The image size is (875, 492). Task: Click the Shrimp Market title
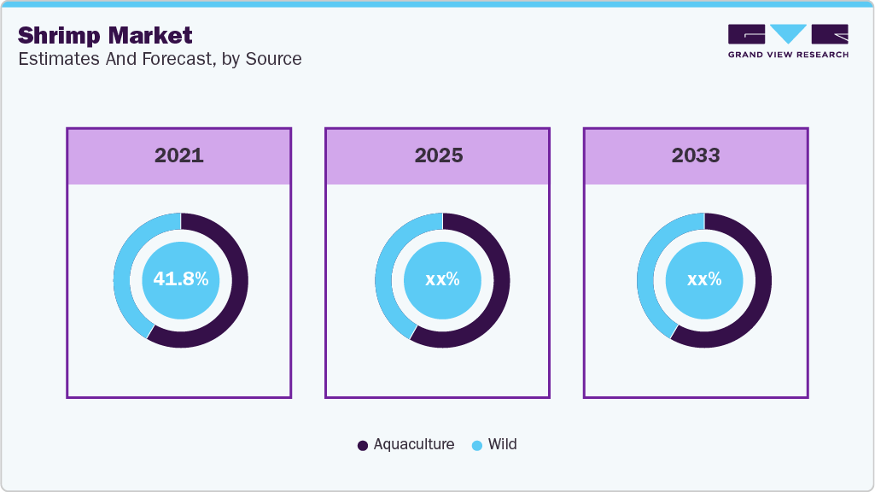tap(105, 35)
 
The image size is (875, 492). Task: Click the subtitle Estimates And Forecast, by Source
tap(159, 59)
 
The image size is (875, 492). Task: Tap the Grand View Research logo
tap(788, 41)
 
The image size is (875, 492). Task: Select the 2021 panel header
tap(179, 155)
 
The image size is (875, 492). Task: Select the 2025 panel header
tap(438, 155)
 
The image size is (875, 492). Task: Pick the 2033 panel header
tap(696, 155)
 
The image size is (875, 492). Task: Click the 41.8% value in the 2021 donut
tap(181, 279)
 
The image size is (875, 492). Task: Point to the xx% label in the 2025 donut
tap(442, 279)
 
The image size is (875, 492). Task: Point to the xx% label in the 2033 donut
tap(704, 279)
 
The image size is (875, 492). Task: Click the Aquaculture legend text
tap(414, 444)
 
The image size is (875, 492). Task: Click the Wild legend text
tap(503, 444)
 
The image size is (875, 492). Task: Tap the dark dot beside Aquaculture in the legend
tap(363, 445)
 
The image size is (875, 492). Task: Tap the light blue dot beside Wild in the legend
tap(477, 445)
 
